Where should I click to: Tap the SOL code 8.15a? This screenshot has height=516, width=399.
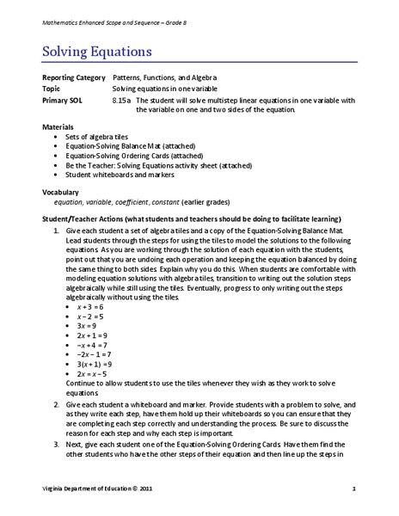(x=120, y=99)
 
